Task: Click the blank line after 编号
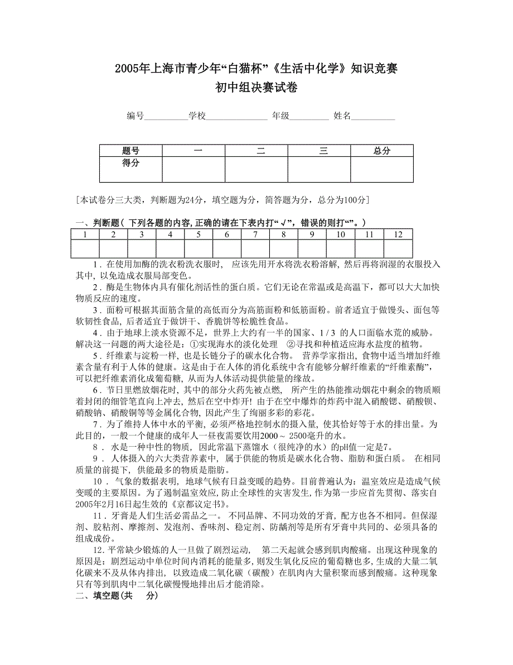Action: tap(166, 117)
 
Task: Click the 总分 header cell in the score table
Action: tap(382, 151)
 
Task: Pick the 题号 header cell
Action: tap(131, 151)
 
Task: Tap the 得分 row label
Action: tap(131, 163)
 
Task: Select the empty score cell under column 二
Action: tap(256, 169)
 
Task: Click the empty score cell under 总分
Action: tap(382, 169)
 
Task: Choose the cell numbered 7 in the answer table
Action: tap(255, 235)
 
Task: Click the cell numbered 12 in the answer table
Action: tap(398, 235)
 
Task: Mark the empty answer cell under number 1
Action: tap(85, 248)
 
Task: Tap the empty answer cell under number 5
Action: tap(199, 248)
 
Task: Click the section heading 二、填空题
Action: tap(117, 596)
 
